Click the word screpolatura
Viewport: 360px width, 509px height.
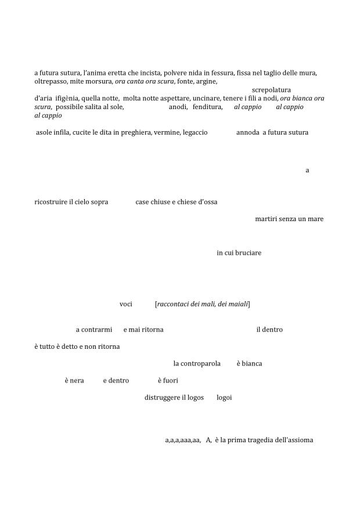[x=271, y=90]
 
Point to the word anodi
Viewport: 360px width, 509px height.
[x=178, y=107]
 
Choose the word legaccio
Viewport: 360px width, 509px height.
[x=195, y=132]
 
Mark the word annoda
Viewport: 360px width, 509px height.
[x=247, y=132]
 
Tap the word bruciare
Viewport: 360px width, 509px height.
[x=247, y=253]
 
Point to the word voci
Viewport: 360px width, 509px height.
[x=125, y=304]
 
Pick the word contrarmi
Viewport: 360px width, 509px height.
[x=96, y=330]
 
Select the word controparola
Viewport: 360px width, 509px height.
[x=197, y=363]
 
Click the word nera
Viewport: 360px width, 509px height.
[x=77, y=381]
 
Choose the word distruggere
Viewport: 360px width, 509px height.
[x=162, y=398]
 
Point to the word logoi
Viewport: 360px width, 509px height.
[x=224, y=398]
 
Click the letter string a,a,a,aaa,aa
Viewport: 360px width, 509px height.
[x=183, y=440]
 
